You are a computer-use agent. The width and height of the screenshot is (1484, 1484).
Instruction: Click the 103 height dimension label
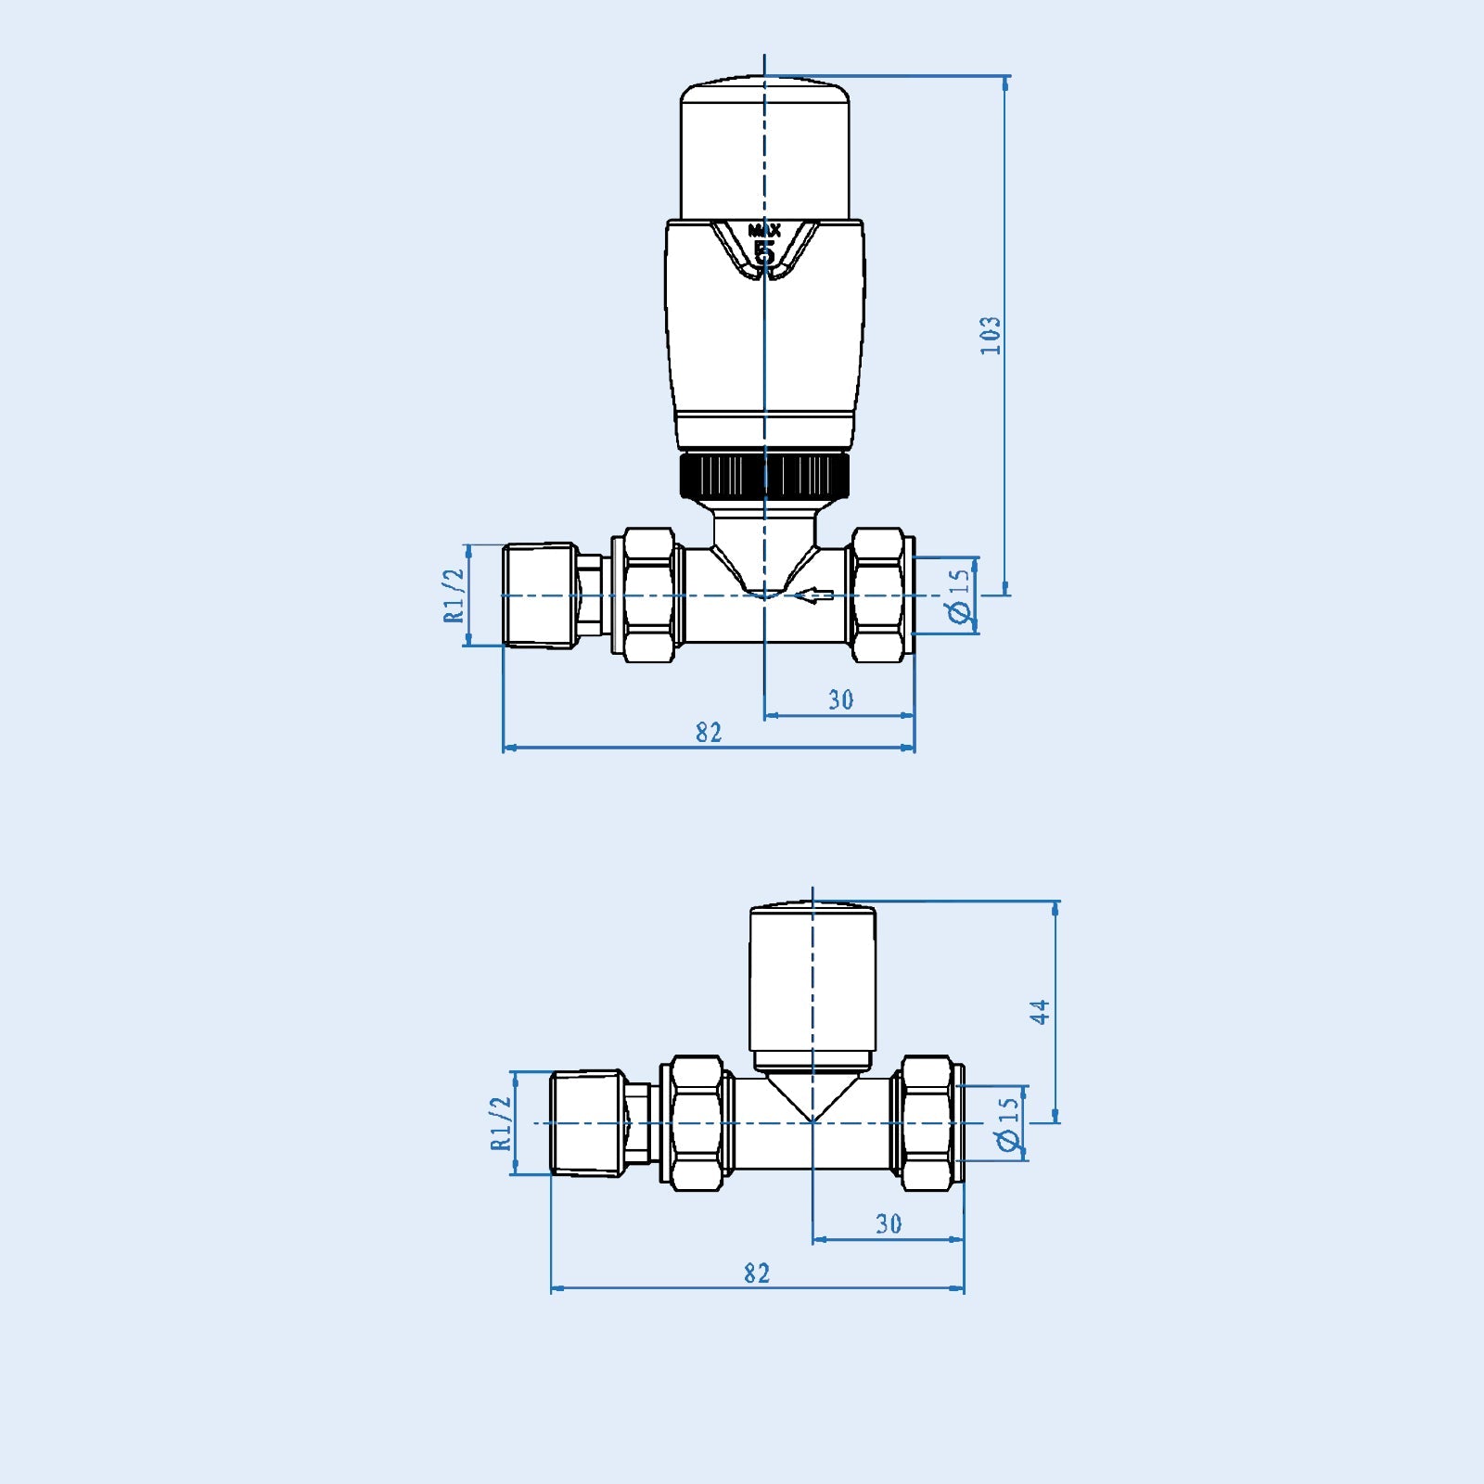(991, 335)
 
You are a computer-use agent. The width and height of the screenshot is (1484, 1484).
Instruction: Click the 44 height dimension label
(1041, 1011)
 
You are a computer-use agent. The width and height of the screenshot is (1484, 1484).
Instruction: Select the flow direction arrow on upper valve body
(815, 595)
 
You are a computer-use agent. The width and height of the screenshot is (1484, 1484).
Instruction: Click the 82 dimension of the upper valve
(709, 733)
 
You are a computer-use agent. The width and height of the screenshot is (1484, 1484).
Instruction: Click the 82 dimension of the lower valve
(757, 1273)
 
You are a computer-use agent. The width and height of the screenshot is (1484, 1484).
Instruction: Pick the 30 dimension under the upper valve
(840, 700)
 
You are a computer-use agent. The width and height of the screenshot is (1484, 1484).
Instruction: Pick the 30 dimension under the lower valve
(889, 1224)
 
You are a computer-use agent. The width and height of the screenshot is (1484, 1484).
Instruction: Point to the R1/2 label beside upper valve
(454, 595)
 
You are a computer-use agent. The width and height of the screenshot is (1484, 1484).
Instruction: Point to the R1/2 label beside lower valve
(501, 1123)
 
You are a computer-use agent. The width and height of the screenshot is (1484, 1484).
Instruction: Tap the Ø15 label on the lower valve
(1008, 1124)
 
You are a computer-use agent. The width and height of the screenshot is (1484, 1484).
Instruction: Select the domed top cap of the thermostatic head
(765, 148)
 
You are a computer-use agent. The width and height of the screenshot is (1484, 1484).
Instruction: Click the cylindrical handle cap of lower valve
(812, 983)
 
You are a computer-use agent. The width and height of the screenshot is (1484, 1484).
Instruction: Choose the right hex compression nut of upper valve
(878, 595)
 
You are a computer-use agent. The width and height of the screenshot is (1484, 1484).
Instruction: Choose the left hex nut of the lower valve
(696, 1123)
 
